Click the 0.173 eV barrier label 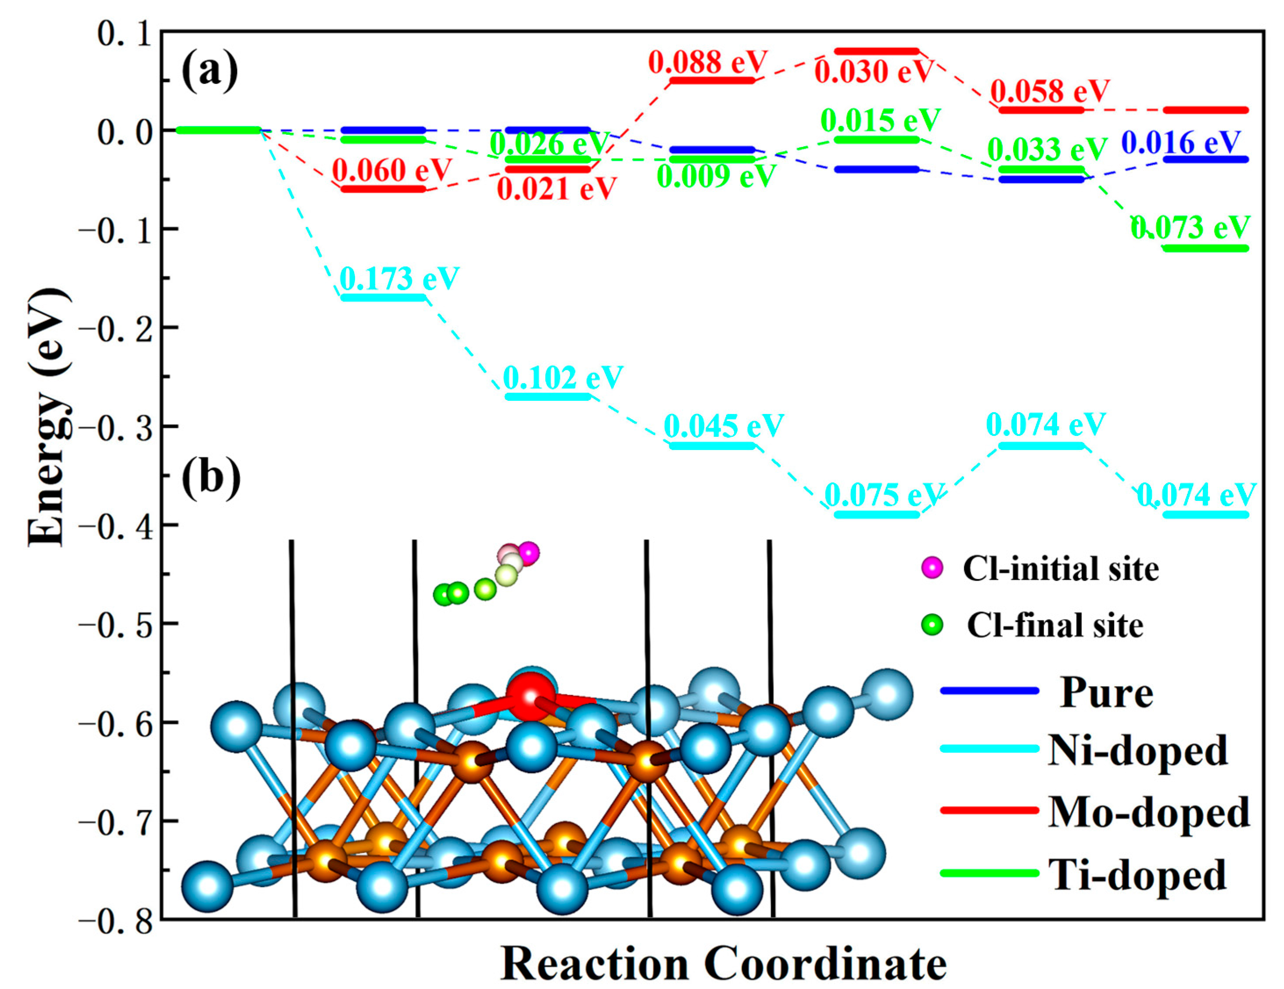[399, 278]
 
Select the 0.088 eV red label [708, 62]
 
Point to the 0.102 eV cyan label [563, 378]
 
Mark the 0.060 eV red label [391, 170]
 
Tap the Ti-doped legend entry [1137, 875]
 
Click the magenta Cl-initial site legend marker [932, 568]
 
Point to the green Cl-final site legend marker [932, 625]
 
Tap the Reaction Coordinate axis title [723, 964]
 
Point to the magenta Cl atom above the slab [528, 553]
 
